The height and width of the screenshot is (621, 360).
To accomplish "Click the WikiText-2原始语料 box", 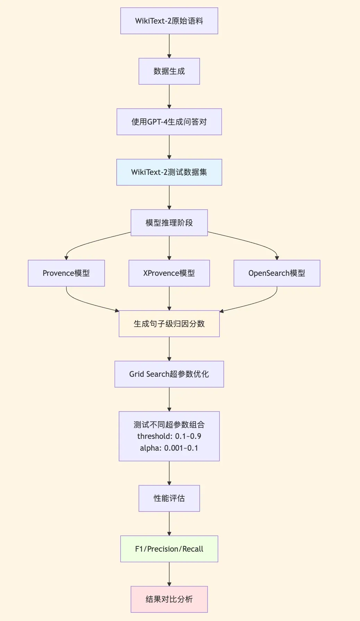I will tap(169, 21).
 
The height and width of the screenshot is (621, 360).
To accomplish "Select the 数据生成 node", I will tap(169, 71).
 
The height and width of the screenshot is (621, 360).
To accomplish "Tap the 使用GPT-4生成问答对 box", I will tap(169, 122).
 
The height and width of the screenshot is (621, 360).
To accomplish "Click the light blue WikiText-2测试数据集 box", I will tap(169, 172).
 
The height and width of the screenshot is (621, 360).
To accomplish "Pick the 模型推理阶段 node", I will tap(169, 223).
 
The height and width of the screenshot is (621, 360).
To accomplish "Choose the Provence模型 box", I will tap(66, 273).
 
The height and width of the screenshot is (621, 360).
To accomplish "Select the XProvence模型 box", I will tap(169, 273).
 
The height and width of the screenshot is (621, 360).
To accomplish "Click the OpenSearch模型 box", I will tap(277, 273).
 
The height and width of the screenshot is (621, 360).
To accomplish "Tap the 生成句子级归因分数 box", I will tap(169, 324).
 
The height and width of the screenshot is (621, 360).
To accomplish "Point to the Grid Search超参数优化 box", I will tap(169, 374).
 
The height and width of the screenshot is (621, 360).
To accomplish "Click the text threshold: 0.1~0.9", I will tap(169, 436).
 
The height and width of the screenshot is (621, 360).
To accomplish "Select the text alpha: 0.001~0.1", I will tap(169, 448).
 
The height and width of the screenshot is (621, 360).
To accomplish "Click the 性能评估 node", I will tap(169, 498).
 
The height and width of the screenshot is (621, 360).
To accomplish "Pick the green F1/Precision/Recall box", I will tap(169, 549).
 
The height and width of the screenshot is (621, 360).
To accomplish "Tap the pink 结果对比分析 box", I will tap(169, 599).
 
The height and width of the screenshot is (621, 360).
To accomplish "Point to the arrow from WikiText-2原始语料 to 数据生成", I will tap(169, 46).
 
